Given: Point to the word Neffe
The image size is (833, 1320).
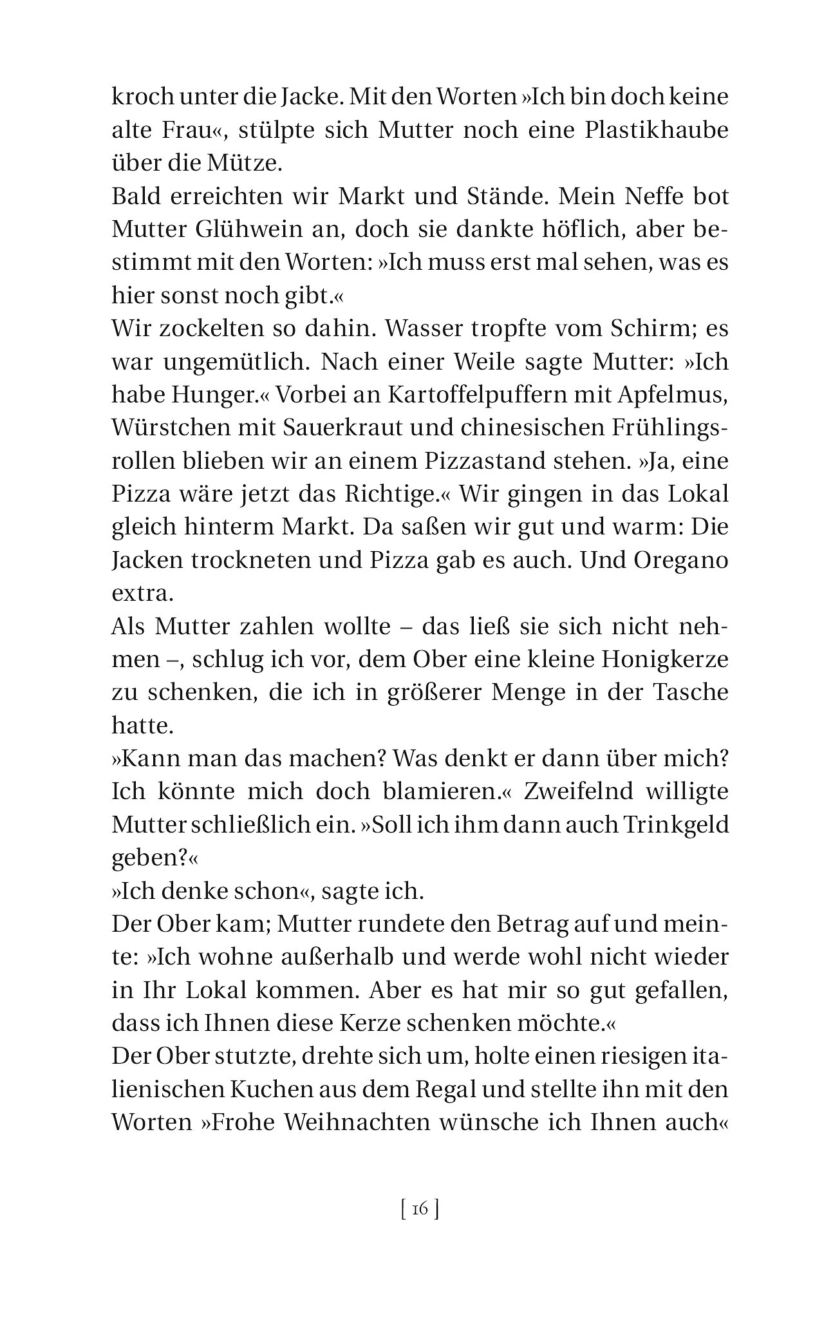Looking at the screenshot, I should coord(648,196).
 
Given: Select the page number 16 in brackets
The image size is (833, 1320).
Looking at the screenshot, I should coord(419,1209).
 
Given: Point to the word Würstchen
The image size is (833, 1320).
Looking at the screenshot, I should coord(167,428).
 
